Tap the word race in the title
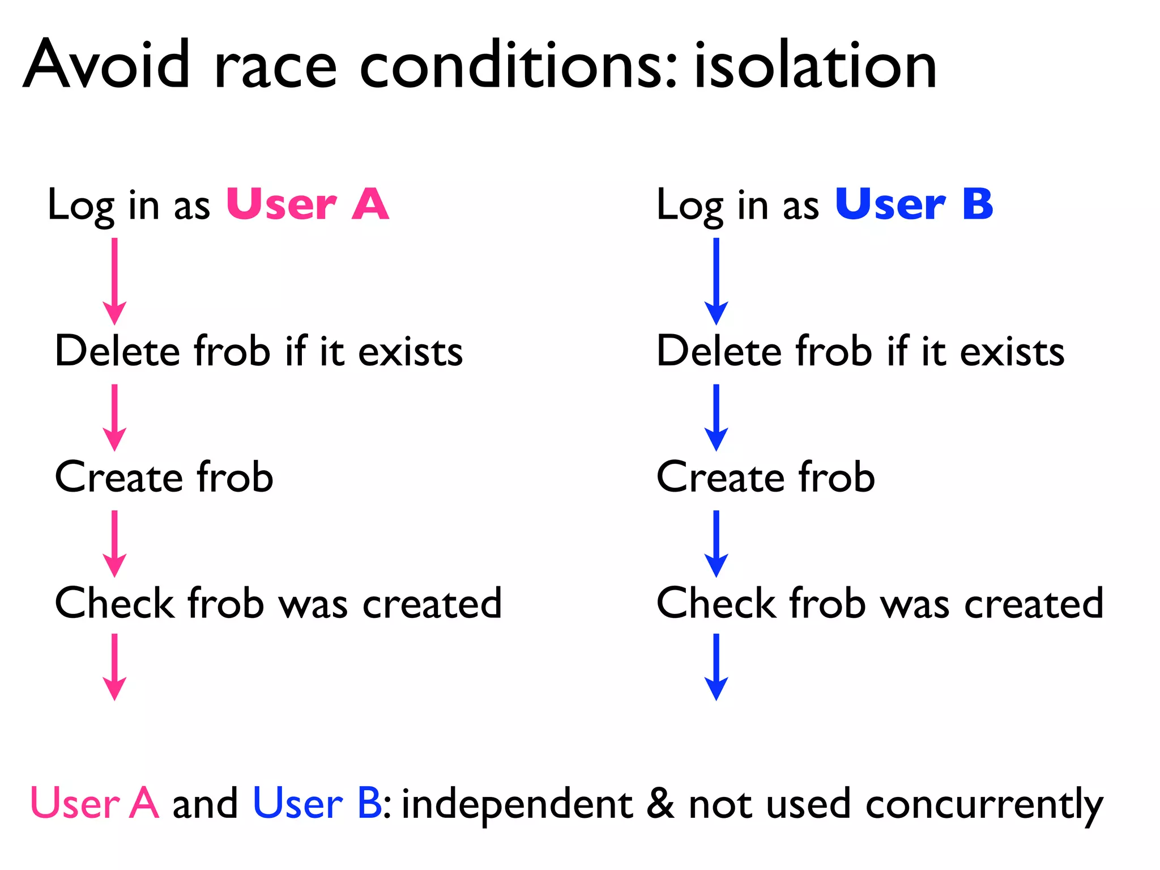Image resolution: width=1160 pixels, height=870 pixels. click(276, 68)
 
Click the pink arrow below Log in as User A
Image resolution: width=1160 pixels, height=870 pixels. click(114, 281)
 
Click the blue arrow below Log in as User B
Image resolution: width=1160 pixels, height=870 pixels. click(716, 281)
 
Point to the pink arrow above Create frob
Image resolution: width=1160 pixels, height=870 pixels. click(114, 417)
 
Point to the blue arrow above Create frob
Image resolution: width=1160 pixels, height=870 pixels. click(716, 417)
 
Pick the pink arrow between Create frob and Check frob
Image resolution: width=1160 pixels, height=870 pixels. click(114, 544)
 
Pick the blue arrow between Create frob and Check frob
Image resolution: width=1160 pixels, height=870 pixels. click(716, 544)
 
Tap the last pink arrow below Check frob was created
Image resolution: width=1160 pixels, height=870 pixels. click(114, 667)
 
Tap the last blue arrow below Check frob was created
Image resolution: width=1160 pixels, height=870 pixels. click(716, 667)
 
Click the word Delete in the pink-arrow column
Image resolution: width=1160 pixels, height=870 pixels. click(118, 351)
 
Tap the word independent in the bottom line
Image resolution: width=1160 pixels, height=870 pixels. click(517, 804)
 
